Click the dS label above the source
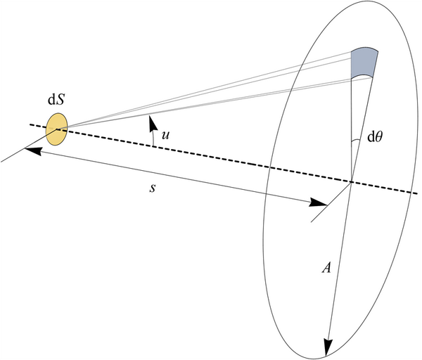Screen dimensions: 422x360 tap(56, 100)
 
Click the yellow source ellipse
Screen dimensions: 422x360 tap(56, 129)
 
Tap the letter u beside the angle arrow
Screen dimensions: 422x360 tap(165, 135)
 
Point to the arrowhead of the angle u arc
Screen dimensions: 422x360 tap(153, 123)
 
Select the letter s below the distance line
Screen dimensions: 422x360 tap(153, 188)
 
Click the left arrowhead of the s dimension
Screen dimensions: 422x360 tap(33, 150)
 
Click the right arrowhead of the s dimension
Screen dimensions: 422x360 tap(318, 202)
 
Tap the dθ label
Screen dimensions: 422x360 tap(375, 138)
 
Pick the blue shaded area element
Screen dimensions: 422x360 tap(364, 63)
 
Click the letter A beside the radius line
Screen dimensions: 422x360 tap(326, 268)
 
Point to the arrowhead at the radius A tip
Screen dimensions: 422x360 tap(328, 348)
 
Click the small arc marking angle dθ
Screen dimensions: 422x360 tap(356, 141)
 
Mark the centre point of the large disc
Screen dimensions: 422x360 tap(351, 182)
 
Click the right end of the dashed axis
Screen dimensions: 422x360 tap(417, 193)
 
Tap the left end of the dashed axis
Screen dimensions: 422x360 tap(30, 124)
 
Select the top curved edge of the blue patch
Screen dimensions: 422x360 tap(364, 48)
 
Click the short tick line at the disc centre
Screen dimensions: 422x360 tap(331, 202)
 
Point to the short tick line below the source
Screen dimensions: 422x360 tap(29, 146)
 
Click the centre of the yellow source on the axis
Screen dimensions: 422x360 tap(57, 129)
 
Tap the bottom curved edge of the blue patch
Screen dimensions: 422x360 tap(362, 76)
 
